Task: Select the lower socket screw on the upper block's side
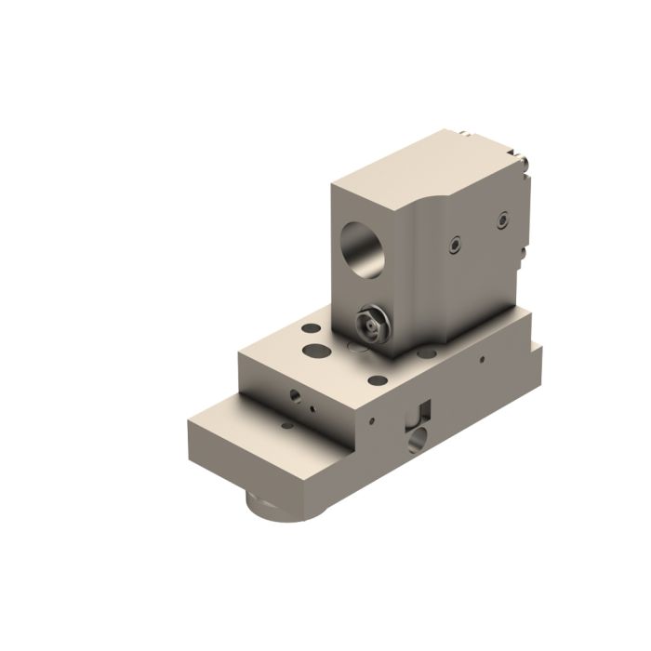pyautogui.click(x=453, y=245)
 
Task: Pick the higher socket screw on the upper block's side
pyautogui.click(x=503, y=219)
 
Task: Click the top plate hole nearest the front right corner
pyautogui.click(x=377, y=379)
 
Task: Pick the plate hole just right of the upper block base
pyautogui.click(x=427, y=352)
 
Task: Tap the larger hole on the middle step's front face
pyautogui.click(x=296, y=395)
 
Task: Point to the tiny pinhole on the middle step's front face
pyautogui.click(x=312, y=406)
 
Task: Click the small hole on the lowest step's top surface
pyautogui.click(x=287, y=425)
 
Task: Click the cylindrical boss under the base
pyautogui.click(x=279, y=507)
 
